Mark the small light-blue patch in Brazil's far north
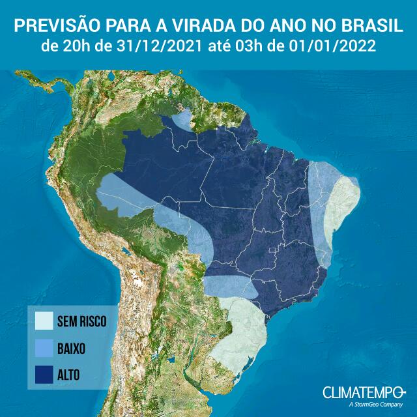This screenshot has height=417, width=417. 185,120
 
